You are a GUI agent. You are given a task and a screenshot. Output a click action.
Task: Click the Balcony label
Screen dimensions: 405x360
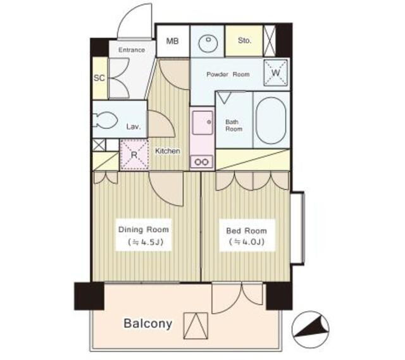pyautogui.click(x=147, y=323)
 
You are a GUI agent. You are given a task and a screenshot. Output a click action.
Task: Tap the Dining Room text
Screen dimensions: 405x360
pyautogui.click(x=144, y=229)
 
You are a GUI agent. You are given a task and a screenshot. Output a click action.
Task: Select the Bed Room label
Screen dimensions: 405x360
pyautogui.click(x=246, y=231)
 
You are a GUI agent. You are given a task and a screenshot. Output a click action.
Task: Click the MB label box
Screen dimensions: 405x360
pyautogui.click(x=173, y=41)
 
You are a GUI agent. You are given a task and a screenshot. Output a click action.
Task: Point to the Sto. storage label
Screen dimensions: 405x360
pyautogui.click(x=244, y=40)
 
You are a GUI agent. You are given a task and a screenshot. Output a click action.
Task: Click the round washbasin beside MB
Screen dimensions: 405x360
pyautogui.click(x=208, y=42)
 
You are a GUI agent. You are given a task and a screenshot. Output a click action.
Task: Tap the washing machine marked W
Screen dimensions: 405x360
pyautogui.click(x=276, y=73)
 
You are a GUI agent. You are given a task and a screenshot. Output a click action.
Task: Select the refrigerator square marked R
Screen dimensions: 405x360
pyautogui.click(x=134, y=154)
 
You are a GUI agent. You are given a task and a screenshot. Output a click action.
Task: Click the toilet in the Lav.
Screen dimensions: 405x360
pyautogui.click(x=105, y=120)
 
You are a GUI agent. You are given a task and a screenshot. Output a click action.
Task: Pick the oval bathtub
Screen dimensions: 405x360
pyautogui.click(x=271, y=121)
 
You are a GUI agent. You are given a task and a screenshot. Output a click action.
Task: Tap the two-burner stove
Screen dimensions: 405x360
pyautogui.click(x=202, y=162)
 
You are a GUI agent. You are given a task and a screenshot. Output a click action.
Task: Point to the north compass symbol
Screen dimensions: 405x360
pyautogui.click(x=311, y=329)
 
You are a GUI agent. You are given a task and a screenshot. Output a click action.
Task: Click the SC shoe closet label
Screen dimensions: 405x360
pyautogui.click(x=99, y=78)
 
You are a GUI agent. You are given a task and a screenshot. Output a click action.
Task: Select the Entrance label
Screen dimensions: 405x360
pyautogui.click(x=132, y=50)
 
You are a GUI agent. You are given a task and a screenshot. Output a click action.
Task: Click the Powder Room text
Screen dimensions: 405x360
pyautogui.click(x=228, y=75)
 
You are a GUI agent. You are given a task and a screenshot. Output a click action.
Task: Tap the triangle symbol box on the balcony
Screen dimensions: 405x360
pyautogui.click(x=196, y=325)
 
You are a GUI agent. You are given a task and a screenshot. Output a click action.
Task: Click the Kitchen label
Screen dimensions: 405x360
pyautogui.click(x=167, y=151)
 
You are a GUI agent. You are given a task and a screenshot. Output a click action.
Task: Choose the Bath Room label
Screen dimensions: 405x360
pyautogui.click(x=234, y=125)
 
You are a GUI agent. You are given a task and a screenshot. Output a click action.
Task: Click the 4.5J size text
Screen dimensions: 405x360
pyautogui.click(x=145, y=242)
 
